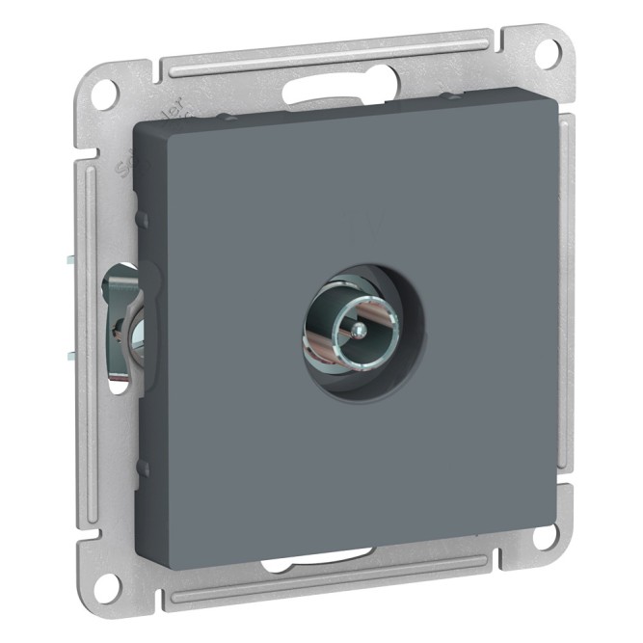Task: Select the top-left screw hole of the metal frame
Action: pyautogui.click(x=108, y=94)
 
